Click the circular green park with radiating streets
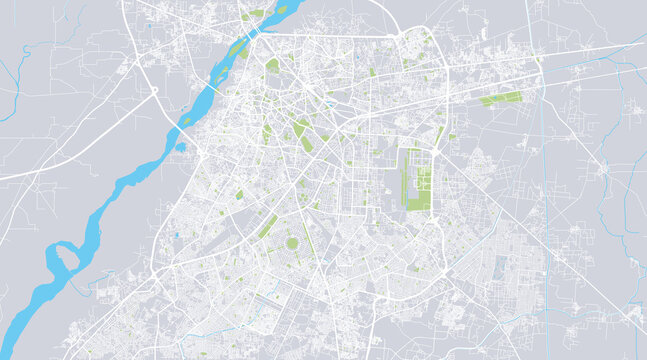pos(293,243)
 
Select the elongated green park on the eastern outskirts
pos(501,98)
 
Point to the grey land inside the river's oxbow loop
pos(64,258)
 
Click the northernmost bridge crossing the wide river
pos(257,32)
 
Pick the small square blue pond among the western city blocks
pos(176,235)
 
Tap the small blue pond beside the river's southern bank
pos(181,146)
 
